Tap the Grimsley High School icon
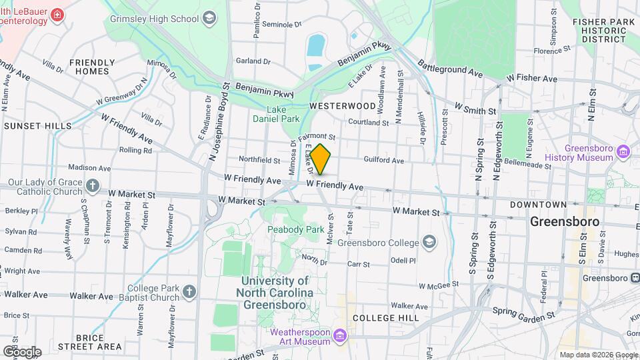pos(210,17)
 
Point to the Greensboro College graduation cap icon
pos(429,241)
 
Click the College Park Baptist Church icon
pos(189,292)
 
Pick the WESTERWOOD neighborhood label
pos(343,106)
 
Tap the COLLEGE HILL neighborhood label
pos(386,318)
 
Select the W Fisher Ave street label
pos(531,79)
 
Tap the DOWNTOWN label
pos(539,205)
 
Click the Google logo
pos(22,351)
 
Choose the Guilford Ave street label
pos(384,161)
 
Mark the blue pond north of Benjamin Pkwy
pos(315,45)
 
